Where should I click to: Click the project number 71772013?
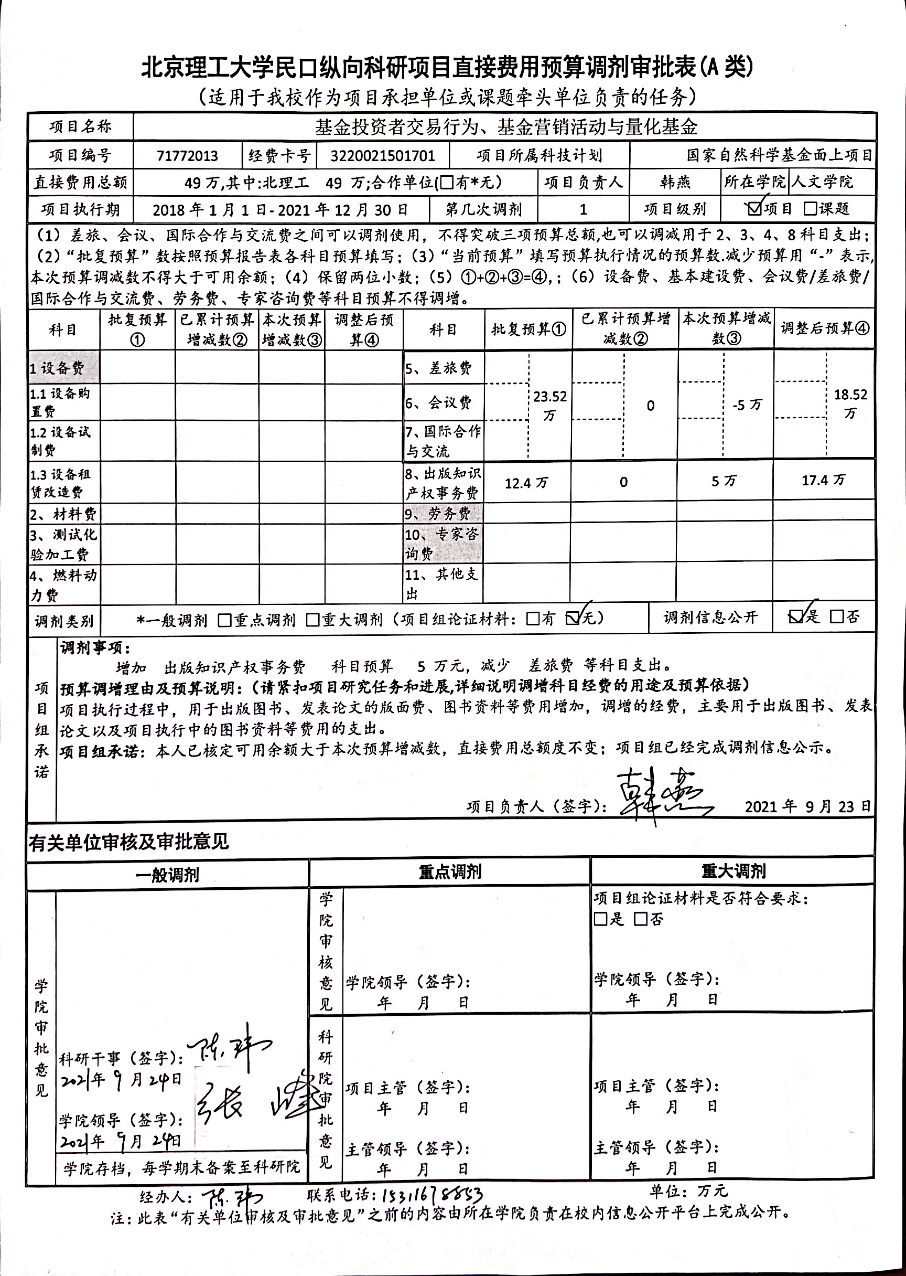coord(188,156)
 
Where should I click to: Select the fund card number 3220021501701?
coord(382,156)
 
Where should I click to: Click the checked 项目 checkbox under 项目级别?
coord(755,209)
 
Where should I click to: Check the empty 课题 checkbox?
coord(810,209)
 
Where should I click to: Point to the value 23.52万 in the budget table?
coord(549,405)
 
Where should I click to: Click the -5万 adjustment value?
coord(747,405)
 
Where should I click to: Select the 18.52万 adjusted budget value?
coord(850,403)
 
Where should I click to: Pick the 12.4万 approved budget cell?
coord(526,482)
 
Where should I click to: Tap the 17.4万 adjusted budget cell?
coord(823,480)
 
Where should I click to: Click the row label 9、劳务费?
coord(437,514)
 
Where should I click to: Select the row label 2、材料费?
coord(63,514)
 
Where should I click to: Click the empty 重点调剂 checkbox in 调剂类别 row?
coord(225,620)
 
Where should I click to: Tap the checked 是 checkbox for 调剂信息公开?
coord(795,616)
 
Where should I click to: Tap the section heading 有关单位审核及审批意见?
coord(129,842)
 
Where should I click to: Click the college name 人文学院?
coord(823,182)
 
